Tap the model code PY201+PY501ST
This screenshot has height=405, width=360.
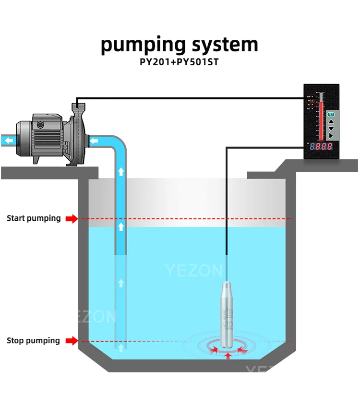point(180,63)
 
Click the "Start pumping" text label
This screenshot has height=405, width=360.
point(34,218)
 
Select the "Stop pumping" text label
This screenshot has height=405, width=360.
point(33,341)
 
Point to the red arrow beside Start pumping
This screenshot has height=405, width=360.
point(72,219)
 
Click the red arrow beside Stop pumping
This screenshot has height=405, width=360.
point(72,341)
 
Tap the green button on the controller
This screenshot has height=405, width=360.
point(331,114)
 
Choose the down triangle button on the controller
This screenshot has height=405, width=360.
point(331,129)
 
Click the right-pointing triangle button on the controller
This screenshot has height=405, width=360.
point(331,136)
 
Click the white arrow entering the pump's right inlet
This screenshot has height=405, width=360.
point(94,141)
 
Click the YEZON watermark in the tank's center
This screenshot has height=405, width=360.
point(194,271)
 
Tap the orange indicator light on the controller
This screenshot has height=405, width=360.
point(311,101)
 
